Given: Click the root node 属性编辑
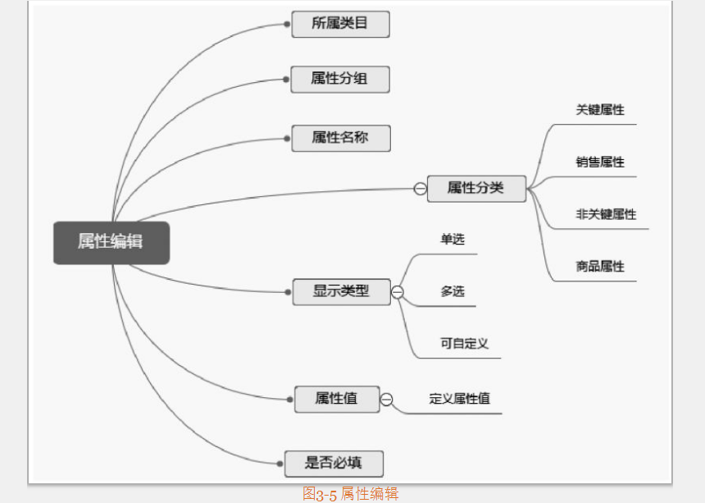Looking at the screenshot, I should (111, 242).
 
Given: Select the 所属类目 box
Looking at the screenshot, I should (340, 24).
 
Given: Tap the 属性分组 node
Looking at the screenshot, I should (340, 80).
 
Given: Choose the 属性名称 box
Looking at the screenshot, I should (340, 138).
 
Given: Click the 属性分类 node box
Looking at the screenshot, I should (476, 188).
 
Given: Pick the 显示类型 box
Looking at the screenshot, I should (342, 291).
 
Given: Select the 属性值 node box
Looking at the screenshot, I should (337, 399).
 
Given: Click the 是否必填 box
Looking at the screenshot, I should (334, 463).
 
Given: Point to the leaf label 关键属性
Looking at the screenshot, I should (600, 110).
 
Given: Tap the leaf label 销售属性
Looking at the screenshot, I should (600, 162).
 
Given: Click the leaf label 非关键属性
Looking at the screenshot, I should (606, 214).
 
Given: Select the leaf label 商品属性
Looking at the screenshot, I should (600, 267).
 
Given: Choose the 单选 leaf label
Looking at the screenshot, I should (453, 240).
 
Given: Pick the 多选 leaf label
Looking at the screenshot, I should (453, 291).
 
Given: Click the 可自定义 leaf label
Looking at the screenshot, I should (464, 344).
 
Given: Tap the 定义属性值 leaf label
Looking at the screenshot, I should (459, 399).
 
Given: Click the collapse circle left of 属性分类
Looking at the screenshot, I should (420, 189).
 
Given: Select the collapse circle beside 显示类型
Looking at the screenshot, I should (398, 292).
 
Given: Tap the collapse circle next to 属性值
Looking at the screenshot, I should (386, 400).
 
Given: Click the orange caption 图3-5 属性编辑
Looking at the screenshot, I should (350, 493).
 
